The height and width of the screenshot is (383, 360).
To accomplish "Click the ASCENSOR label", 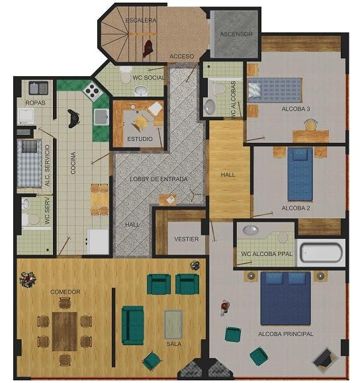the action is tap(236, 34).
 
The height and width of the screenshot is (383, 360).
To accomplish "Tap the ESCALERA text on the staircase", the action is tap(141, 21).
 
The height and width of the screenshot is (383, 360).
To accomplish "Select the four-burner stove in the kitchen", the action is tap(93, 91).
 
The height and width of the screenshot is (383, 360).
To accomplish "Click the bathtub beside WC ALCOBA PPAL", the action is tap(321, 253).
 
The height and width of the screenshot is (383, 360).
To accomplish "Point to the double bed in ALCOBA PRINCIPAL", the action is tap(286, 298).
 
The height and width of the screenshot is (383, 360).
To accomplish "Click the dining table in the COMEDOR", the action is tap(65, 331).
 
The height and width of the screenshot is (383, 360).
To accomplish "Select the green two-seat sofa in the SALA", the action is tap(132, 325).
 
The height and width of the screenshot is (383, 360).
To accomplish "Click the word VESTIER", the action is tap(187, 239).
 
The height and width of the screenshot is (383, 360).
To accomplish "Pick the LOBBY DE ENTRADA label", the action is tap(159, 179).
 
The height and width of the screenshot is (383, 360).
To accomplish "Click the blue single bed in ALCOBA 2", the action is tap(300, 175).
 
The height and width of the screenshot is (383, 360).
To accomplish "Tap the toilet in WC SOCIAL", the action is tap(126, 75).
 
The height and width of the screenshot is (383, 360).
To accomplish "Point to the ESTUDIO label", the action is tap(140, 139).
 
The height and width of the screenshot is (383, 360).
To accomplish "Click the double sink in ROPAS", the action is tap(38, 88).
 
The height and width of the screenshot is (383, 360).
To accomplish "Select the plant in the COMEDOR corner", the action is tap(28, 280).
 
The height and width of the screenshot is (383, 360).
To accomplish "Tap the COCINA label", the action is tap(73, 163).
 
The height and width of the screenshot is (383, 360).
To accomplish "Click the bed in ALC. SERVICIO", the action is tap(29, 163).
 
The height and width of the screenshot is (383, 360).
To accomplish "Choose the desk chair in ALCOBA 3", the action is tap(310, 125).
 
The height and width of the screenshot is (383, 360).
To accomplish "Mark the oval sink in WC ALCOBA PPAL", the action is tap(251, 230).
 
